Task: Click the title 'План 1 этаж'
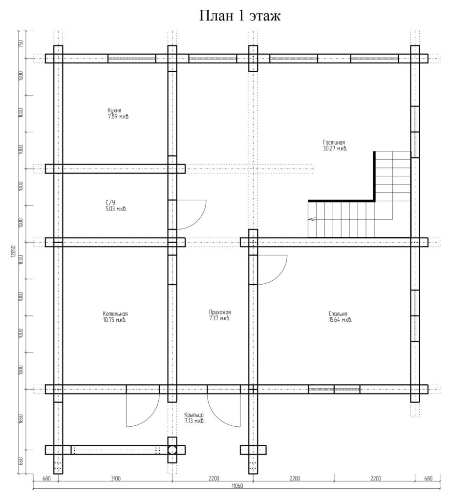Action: click(x=240, y=16)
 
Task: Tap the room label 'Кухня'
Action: click(x=114, y=111)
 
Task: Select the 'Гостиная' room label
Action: click(x=334, y=143)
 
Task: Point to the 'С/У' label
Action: click(x=110, y=203)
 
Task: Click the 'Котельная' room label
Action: click(x=115, y=314)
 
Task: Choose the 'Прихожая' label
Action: click(x=219, y=312)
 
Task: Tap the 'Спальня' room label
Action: click(x=338, y=314)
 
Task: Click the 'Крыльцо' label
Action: click(x=193, y=415)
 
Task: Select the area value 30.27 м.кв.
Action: click(x=335, y=148)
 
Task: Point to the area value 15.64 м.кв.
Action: click(x=340, y=320)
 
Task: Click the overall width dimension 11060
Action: click(x=237, y=486)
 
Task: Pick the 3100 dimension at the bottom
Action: click(x=115, y=479)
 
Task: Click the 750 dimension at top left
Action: click(x=21, y=44)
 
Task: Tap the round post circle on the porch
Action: click(x=172, y=450)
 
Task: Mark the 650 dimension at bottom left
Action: click(x=21, y=461)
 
